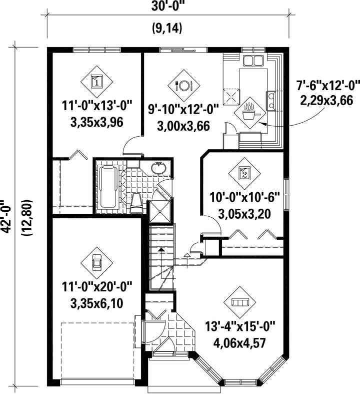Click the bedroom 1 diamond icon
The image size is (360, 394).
click(x=96, y=82)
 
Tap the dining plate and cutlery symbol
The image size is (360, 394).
click(x=184, y=86)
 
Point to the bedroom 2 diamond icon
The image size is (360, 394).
click(x=244, y=173)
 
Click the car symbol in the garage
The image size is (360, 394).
click(x=96, y=262)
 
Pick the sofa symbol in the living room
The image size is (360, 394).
click(x=240, y=302)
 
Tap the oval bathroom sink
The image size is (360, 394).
click(x=158, y=168)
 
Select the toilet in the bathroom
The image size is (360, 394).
click(x=137, y=203)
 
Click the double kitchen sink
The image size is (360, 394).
click(x=253, y=61)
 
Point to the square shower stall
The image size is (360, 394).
click(x=160, y=212)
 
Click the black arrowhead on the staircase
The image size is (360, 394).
click(x=161, y=249)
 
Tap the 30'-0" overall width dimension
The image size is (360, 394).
click(x=166, y=7)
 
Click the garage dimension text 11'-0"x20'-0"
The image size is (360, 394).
click(x=97, y=287)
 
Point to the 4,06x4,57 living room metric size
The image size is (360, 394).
click(x=239, y=343)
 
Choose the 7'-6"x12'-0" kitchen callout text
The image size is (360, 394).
click(x=328, y=86)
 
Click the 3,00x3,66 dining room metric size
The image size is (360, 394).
click(x=183, y=126)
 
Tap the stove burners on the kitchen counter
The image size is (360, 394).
click(x=271, y=101)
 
